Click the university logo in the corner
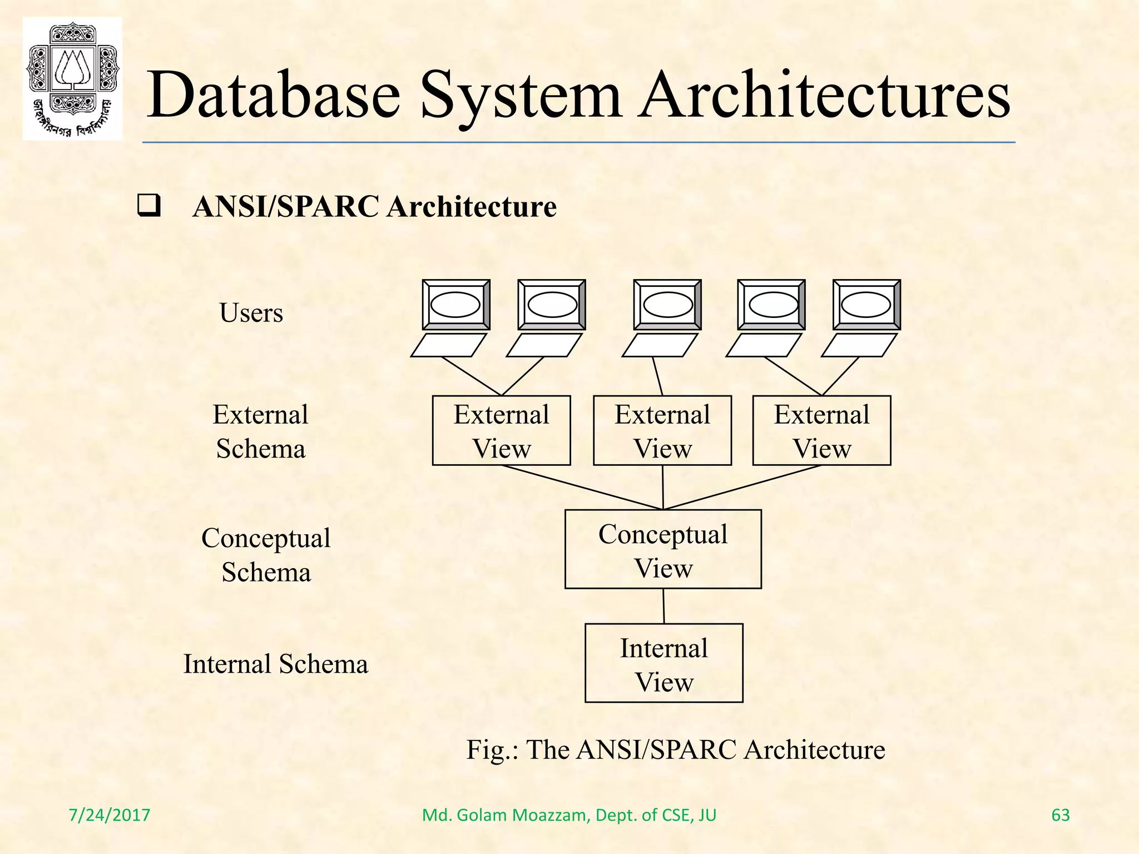(72, 78)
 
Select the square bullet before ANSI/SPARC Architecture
(148, 206)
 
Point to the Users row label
(251, 312)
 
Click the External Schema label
(260, 431)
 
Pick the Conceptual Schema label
(266, 555)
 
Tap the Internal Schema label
(276, 664)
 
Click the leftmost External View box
(501, 430)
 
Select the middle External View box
(662, 430)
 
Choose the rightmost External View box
(821, 430)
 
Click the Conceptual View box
(663, 549)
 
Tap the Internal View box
(664, 663)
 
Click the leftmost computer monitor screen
(455, 305)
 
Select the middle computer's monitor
(667, 305)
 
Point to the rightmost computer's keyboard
(859, 345)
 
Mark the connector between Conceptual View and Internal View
(664, 606)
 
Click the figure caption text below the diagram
(675, 749)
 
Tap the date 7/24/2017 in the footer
(109, 815)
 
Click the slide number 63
(1061, 815)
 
